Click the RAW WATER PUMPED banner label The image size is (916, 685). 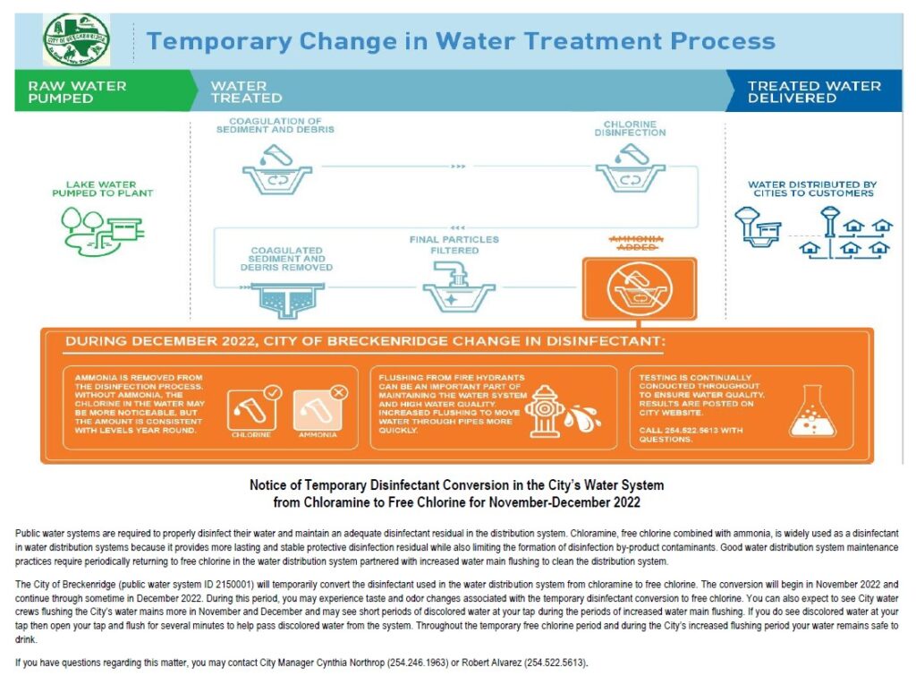pyautogui.click(x=77, y=92)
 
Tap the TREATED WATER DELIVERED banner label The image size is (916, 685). pyautogui.click(x=814, y=92)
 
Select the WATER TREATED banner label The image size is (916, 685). pyautogui.click(x=246, y=92)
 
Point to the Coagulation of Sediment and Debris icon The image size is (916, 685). pyautogui.click(x=276, y=171)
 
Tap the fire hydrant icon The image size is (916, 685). pyautogui.click(x=547, y=412)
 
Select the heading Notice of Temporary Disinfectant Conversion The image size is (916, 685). pyautogui.click(x=456, y=484)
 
